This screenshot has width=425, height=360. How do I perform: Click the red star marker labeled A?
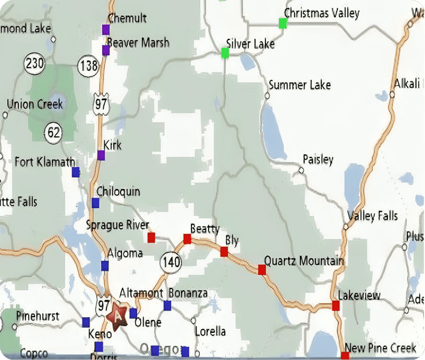pos(118,315)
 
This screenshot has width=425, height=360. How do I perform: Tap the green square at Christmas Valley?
pos(283,23)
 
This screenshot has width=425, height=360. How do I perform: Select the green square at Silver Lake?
pos(225,53)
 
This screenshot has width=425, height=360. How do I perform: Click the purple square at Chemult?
pos(106,29)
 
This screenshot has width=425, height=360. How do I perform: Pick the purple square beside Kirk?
pos(101,155)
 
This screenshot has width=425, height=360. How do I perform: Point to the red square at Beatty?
pos(187,239)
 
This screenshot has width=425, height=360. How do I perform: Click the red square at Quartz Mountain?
pos(262,270)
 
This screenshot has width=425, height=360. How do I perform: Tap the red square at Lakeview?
pos(335,305)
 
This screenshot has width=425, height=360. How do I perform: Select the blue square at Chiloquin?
pos(95,202)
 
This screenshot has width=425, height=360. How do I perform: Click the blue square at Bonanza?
pos(167,305)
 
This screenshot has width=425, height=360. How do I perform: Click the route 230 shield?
pos(34,64)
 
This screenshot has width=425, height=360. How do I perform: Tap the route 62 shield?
pos(53,133)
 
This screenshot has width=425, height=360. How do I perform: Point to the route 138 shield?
pos(88,66)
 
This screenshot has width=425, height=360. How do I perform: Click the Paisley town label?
pos(318,160)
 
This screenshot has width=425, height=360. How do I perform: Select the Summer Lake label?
pos(299,85)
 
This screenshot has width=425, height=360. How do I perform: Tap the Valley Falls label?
pos(372,215)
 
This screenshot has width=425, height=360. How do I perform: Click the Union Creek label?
pos(34,104)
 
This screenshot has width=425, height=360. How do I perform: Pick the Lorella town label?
pos(210,331)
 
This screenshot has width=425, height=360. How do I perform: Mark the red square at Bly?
pos(224,251)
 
